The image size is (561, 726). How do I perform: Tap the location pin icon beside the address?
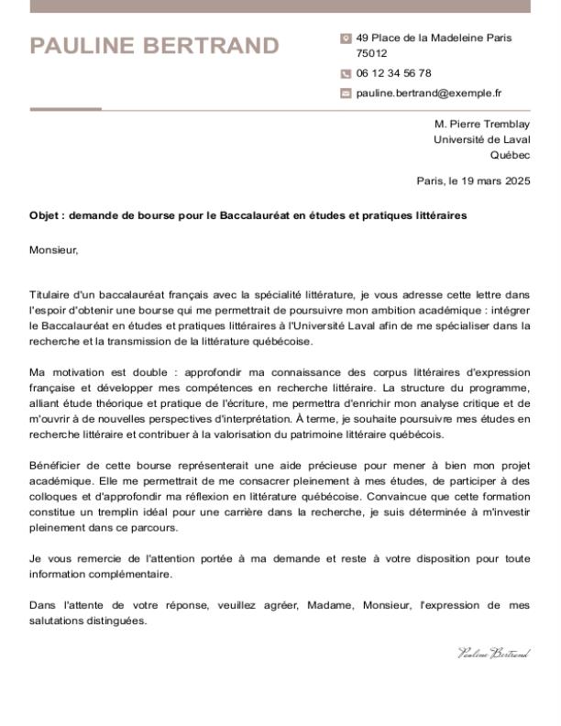[x=346, y=38]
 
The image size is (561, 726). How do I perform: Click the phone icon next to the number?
[x=346, y=73]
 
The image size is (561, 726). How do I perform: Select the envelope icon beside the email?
[x=346, y=93]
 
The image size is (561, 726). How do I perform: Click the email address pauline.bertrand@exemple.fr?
[x=428, y=93]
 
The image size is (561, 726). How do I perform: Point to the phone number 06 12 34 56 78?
[x=393, y=73]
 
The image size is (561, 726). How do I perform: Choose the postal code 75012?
[x=371, y=53]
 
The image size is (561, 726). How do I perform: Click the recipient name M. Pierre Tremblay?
[x=481, y=124]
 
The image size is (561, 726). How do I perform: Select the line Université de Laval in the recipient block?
[x=481, y=139]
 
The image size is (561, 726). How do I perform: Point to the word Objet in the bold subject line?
[x=44, y=216]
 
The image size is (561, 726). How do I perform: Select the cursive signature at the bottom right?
[x=493, y=654]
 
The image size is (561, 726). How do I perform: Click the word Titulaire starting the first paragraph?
[x=51, y=295]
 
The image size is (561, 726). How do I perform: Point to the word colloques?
[x=54, y=497]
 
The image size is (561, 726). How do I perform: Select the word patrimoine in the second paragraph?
[x=317, y=434]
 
